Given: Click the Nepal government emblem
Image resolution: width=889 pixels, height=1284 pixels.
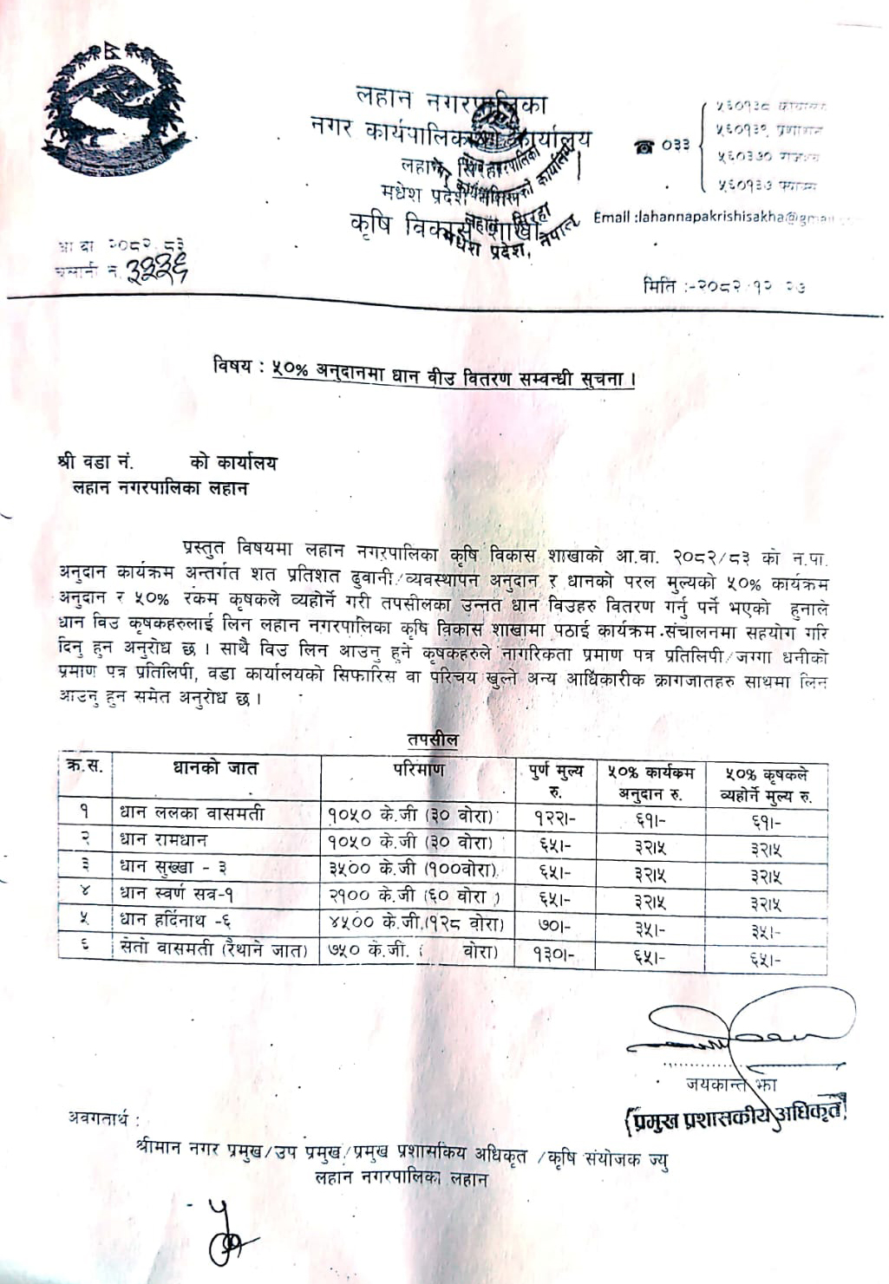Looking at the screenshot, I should pos(114,108).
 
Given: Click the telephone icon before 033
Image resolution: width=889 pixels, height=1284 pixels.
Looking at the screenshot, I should pos(644,146).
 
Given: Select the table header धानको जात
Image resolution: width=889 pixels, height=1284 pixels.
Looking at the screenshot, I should pos(215,768).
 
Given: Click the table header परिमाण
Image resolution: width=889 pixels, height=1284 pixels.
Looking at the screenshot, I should pos(419,769).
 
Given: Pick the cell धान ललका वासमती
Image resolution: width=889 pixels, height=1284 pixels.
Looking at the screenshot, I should pos(192,813).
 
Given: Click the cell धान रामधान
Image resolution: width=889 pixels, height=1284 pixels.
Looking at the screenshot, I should pos(164,840).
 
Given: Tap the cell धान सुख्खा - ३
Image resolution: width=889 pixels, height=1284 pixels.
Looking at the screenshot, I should pos(173,866).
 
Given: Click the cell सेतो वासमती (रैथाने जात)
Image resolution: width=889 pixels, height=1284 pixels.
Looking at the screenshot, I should pos(213,949).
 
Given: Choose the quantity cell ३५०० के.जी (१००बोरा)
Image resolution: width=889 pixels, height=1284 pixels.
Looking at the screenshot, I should pos(413,868).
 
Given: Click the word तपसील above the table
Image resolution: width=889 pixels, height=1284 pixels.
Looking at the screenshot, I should pos(432,740).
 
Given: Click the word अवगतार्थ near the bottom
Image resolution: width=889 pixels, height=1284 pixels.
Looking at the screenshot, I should pos(103,1118).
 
